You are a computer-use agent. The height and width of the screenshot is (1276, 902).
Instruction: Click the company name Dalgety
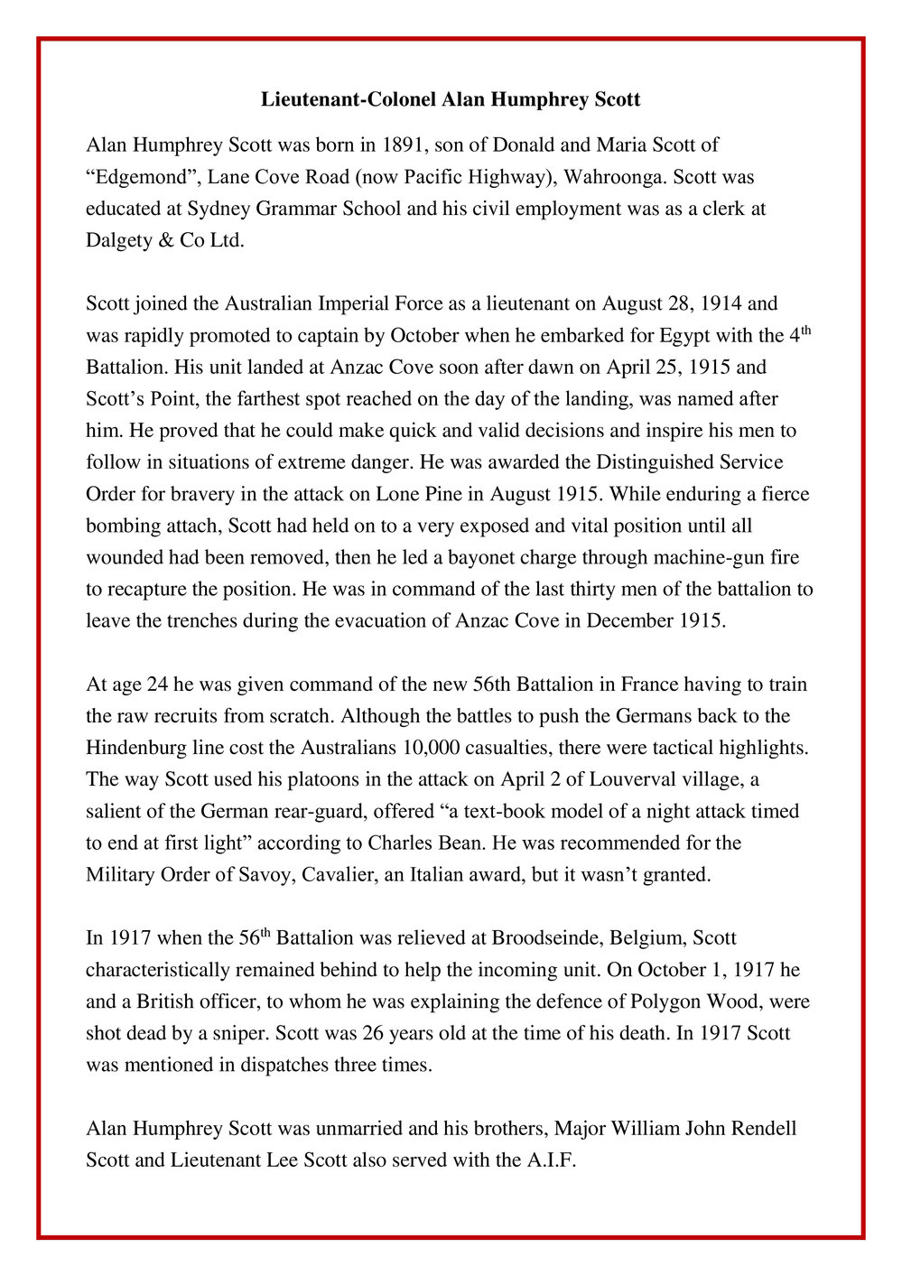pos(120,241)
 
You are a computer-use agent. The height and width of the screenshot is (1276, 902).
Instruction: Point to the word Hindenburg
pos(140,749)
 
